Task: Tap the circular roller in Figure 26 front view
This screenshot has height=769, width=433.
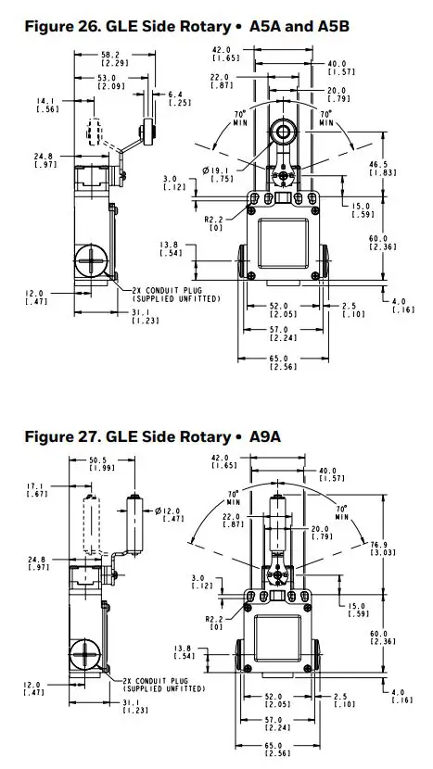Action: click(x=281, y=132)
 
